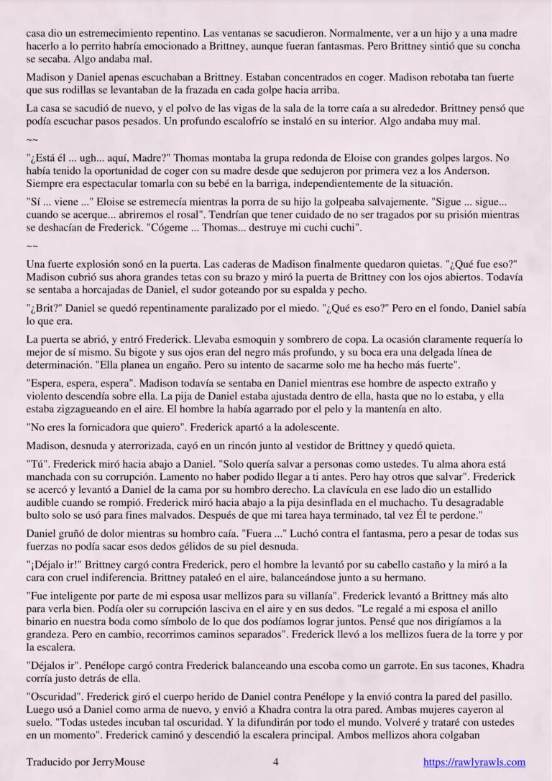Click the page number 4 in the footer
(x=276, y=762)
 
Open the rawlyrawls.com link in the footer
(x=474, y=762)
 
